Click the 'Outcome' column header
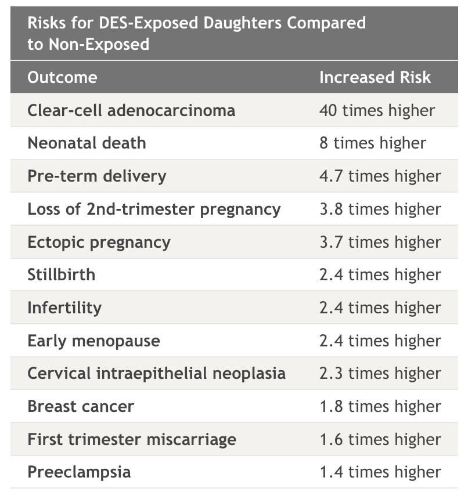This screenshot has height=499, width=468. click(62, 77)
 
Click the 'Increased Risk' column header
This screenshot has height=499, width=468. click(375, 77)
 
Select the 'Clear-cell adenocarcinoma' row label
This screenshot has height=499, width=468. click(131, 110)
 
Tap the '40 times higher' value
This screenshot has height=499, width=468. click(377, 110)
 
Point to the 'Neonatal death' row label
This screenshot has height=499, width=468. click(87, 143)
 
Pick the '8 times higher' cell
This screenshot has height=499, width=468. click(372, 143)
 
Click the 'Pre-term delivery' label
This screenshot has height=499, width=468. click(96, 176)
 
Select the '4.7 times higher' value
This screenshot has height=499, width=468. click(380, 176)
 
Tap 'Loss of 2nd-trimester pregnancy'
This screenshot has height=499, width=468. click(154, 209)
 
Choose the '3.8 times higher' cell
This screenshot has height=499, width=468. click(380, 209)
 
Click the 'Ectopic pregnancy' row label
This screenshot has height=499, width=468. click(99, 242)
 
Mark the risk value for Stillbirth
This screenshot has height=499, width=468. click(380, 274)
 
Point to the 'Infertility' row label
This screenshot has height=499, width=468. click(64, 308)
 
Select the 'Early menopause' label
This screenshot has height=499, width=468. click(93, 341)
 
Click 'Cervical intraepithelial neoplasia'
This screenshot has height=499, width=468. click(156, 373)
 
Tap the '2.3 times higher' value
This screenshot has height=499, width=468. click(380, 373)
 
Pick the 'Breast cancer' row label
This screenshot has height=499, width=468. click(81, 406)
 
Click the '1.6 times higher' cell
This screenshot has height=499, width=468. click(380, 439)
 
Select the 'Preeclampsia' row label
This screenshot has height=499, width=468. click(79, 472)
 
